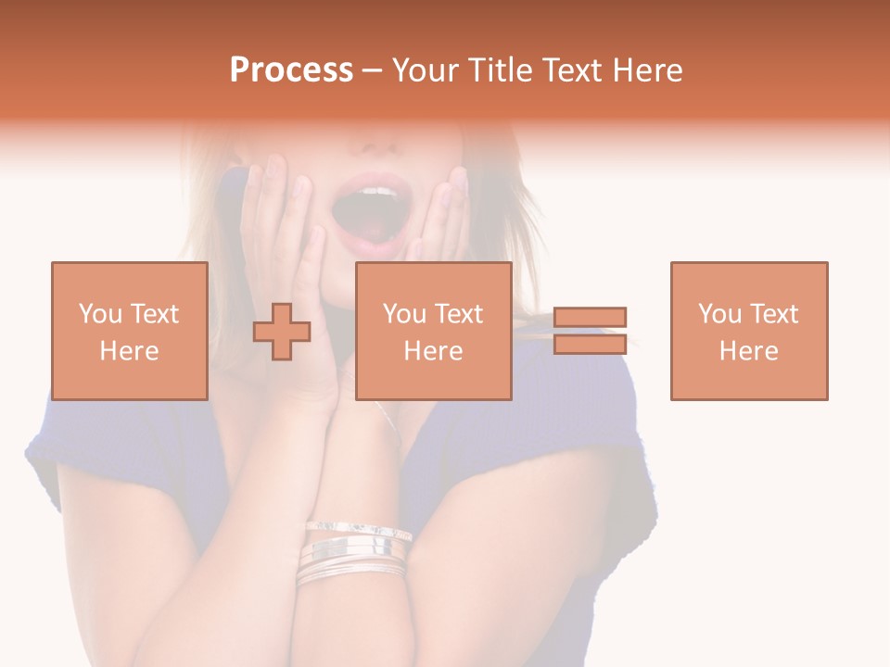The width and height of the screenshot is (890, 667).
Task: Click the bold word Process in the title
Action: [291, 70]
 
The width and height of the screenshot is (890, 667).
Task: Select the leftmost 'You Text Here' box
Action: [130, 331]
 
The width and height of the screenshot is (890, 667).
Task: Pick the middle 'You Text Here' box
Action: [434, 331]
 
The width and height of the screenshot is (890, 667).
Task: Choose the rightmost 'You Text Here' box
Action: [749, 331]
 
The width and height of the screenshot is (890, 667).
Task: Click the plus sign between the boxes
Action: [282, 331]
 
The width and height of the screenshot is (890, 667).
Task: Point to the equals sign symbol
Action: [590, 331]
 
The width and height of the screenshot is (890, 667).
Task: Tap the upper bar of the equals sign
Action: [590, 317]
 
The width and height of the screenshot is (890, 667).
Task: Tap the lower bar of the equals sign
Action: [590, 344]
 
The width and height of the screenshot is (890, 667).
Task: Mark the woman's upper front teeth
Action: [375, 192]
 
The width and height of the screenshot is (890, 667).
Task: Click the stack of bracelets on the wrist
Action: [354, 553]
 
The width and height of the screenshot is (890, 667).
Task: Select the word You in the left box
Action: [100, 313]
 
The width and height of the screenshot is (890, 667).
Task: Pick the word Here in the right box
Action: [749, 350]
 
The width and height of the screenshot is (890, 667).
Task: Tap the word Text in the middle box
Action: [458, 313]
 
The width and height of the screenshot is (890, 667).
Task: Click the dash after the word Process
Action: [373, 70]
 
